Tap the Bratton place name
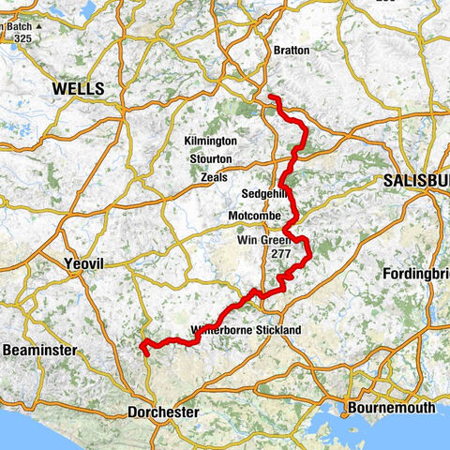[292, 50]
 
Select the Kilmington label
[212, 141]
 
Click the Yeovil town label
[83, 265]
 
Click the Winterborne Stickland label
[245, 331]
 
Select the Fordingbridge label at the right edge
[417, 274]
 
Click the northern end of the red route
[271, 97]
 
